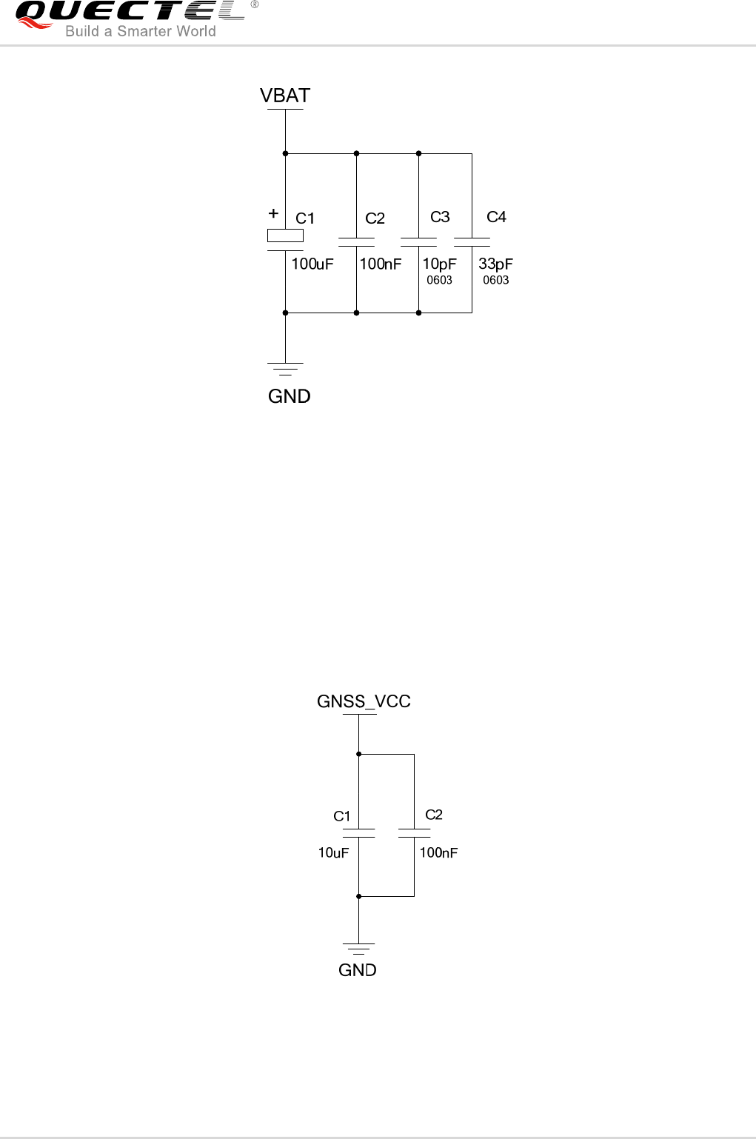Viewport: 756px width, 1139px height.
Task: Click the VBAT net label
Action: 285,96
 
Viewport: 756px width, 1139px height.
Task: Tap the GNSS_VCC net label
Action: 364,701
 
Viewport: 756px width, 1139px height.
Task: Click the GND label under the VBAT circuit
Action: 289,396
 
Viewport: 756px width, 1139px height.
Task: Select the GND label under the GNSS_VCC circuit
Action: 358,970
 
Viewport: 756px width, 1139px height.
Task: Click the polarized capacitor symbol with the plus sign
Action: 285,236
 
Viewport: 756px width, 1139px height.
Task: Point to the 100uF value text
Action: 312,264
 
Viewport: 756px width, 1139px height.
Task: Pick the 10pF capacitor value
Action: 439,264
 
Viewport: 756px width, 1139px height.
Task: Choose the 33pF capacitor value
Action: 495,264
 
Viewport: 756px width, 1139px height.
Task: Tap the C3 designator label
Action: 440,216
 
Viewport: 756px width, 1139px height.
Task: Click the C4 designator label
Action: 496,216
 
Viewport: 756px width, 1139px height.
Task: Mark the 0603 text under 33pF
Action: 495,280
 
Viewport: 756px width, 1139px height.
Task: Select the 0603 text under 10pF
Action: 439,280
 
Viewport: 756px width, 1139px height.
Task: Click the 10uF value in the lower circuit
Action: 333,852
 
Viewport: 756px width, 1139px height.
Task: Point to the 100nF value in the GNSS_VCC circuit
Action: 438,852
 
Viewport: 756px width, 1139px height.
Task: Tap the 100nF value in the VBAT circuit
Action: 381,264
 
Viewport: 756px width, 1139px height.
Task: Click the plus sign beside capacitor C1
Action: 273,213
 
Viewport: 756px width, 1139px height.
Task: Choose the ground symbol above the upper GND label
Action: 285,369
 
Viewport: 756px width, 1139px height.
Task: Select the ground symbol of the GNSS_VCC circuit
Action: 358,948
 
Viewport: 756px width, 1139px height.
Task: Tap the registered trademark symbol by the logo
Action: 255,5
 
